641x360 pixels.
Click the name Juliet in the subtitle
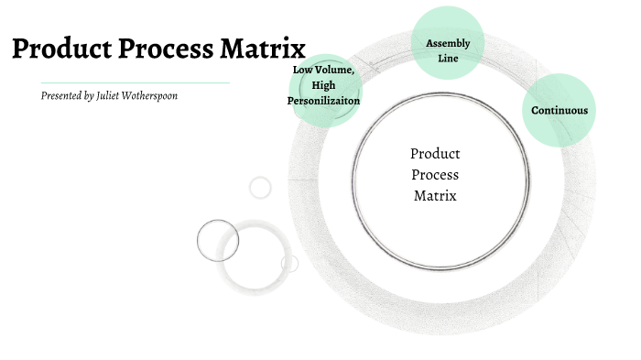[x=112, y=95]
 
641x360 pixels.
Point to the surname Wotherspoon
[x=152, y=95]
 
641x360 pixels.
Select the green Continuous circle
[x=559, y=110]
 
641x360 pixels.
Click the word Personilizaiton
[x=324, y=101]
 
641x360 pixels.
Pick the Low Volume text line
[x=323, y=70]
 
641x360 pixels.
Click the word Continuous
[x=560, y=111]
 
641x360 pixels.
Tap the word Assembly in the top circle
[x=448, y=43]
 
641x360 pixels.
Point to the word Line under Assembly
[x=448, y=58]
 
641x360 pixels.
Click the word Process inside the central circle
[x=435, y=174]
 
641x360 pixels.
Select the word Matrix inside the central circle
[x=435, y=194]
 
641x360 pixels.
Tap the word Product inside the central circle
[x=435, y=154]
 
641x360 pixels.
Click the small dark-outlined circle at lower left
[x=218, y=241]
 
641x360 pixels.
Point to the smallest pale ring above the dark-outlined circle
[x=260, y=187]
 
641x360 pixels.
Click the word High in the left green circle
[x=324, y=85]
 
